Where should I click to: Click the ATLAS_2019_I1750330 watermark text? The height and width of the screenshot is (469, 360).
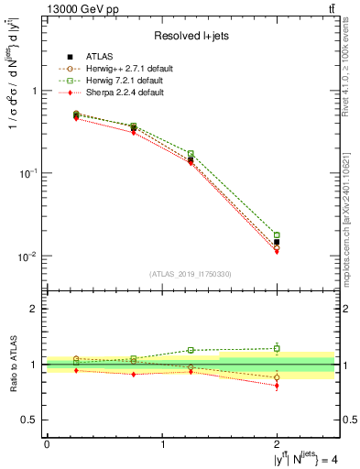[191, 273]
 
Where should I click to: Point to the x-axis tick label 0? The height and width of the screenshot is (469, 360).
[47, 444]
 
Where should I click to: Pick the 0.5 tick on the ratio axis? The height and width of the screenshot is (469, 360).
[30, 420]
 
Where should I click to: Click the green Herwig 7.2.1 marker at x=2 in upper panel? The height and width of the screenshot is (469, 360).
[278, 235]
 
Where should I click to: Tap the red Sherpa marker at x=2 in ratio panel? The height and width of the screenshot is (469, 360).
[278, 386]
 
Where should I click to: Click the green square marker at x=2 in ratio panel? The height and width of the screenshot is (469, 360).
[278, 348]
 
